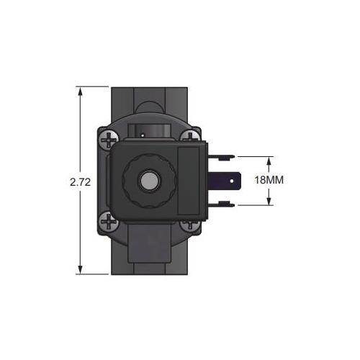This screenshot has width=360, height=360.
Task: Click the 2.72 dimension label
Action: [x=81, y=182]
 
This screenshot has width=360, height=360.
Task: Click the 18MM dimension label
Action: [x=269, y=180]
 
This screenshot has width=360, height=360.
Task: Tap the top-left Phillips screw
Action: [x=109, y=140]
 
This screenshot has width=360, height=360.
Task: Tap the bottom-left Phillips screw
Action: [x=109, y=221]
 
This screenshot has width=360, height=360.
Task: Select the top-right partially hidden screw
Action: [x=190, y=136]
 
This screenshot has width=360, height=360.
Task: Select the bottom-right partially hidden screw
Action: [x=190, y=225]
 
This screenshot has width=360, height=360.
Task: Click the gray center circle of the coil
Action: [x=149, y=181]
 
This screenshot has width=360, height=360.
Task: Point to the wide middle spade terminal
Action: [x=224, y=181]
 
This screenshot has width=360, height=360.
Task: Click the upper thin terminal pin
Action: [x=221, y=157]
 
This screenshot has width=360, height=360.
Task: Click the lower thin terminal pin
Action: [x=221, y=204]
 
